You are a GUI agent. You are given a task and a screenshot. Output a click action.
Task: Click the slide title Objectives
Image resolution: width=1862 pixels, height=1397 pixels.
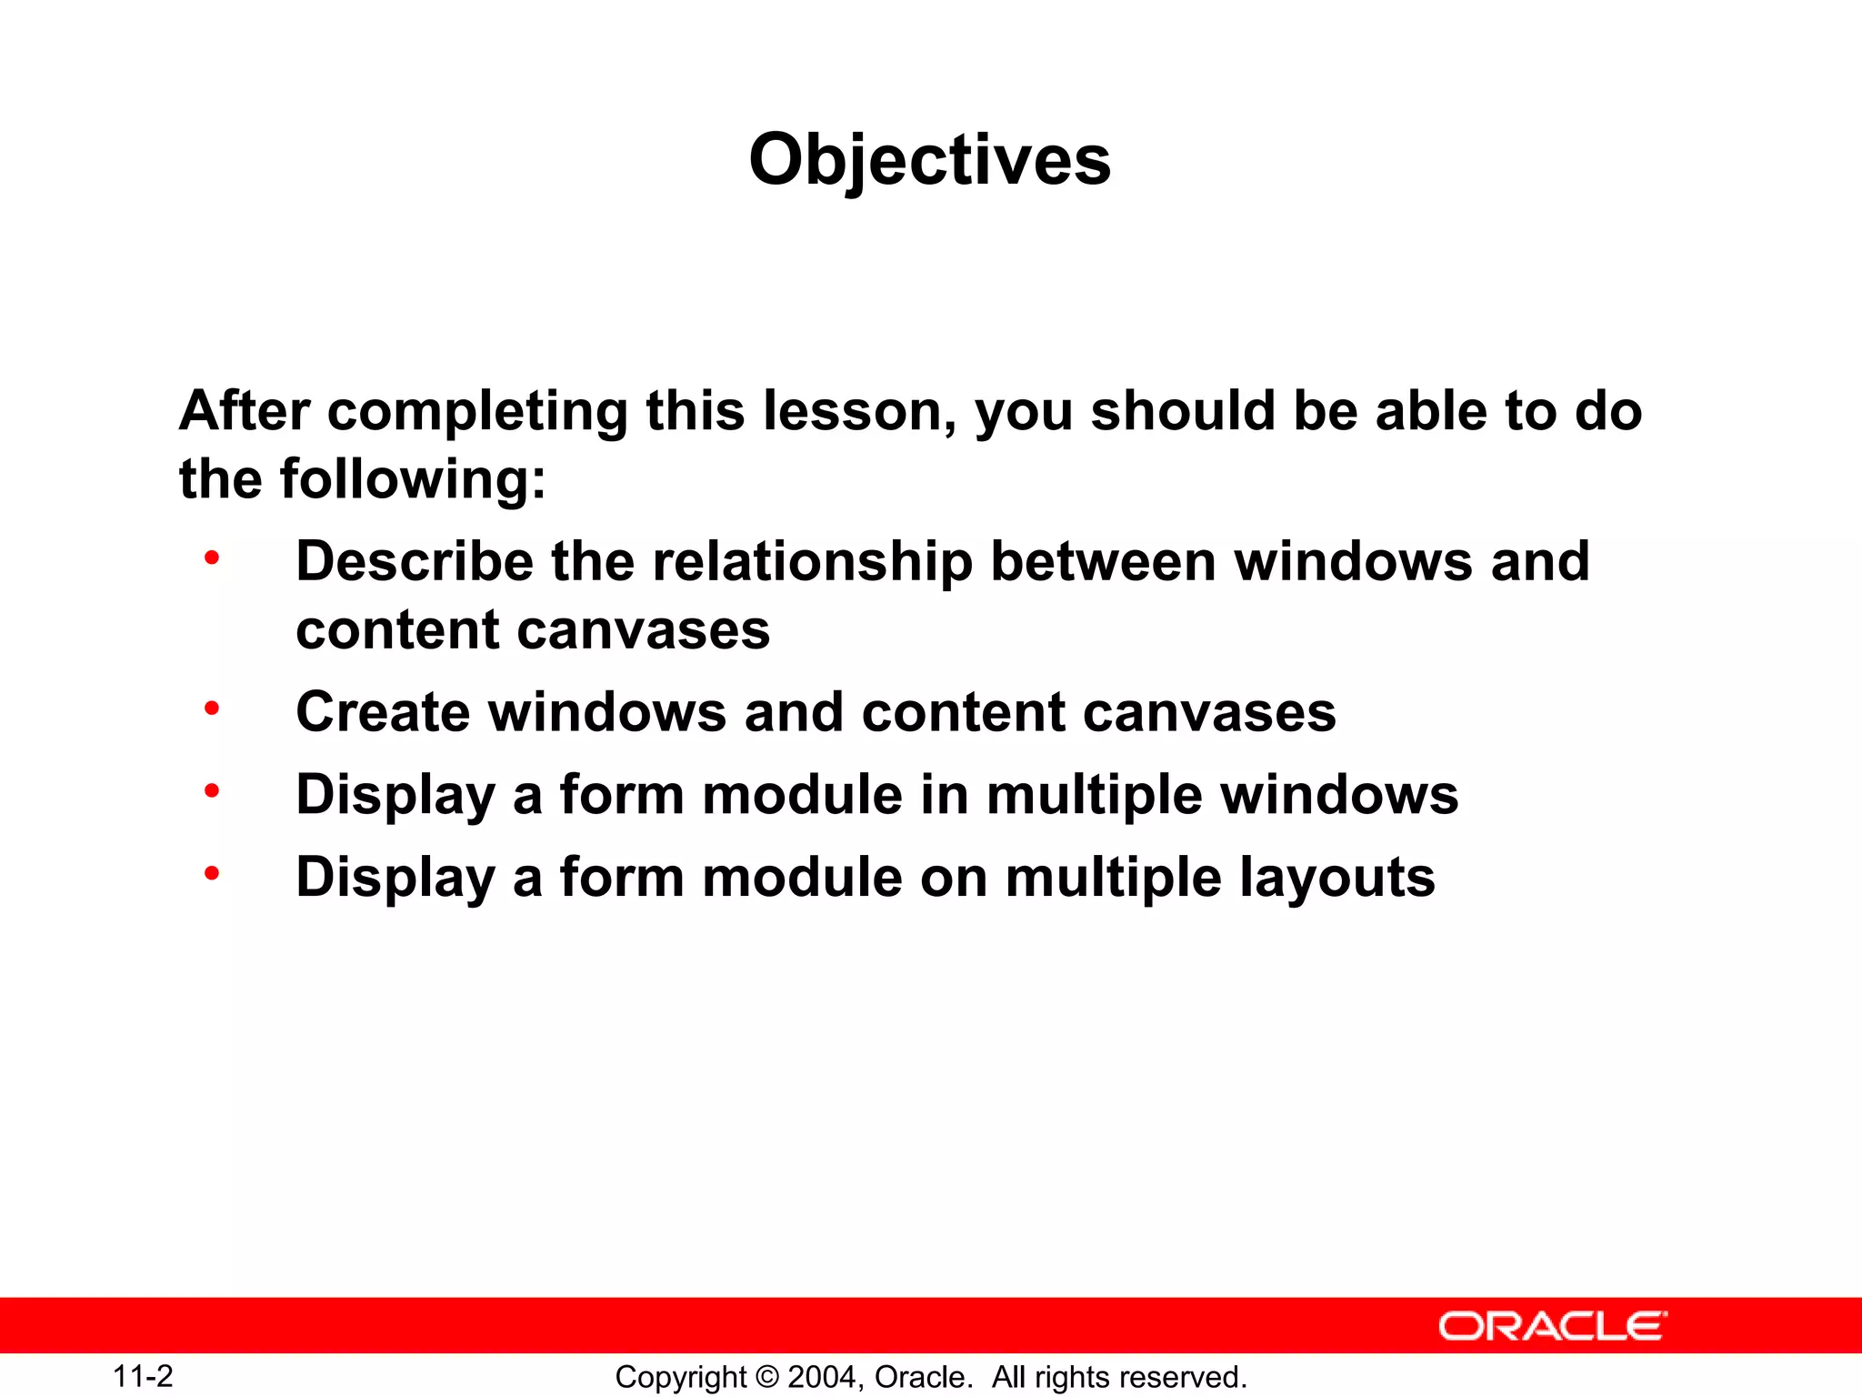click(929, 160)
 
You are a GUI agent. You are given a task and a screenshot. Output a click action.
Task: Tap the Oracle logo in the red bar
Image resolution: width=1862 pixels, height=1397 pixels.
click(1553, 1326)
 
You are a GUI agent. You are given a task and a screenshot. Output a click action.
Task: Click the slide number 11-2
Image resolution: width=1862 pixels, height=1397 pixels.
click(143, 1376)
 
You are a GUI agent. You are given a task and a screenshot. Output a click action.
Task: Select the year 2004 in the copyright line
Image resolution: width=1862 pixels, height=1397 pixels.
click(820, 1377)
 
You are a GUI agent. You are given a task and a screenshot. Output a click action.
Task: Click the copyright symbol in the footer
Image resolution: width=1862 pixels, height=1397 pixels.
click(767, 1377)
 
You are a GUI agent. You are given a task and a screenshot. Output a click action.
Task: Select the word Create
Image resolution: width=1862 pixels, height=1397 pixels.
click(382, 711)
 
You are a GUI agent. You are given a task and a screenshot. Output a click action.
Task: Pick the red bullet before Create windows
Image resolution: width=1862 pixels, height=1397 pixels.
click(212, 708)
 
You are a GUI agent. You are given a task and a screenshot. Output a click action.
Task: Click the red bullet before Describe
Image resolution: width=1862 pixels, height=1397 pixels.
click(212, 558)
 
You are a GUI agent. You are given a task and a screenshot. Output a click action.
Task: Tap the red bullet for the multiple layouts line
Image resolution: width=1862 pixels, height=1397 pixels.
click(212, 874)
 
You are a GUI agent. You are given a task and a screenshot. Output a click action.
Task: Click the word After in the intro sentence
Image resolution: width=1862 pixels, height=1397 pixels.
click(245, 410)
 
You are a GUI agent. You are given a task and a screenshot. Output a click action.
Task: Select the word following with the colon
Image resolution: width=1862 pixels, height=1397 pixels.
click(413, 479)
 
